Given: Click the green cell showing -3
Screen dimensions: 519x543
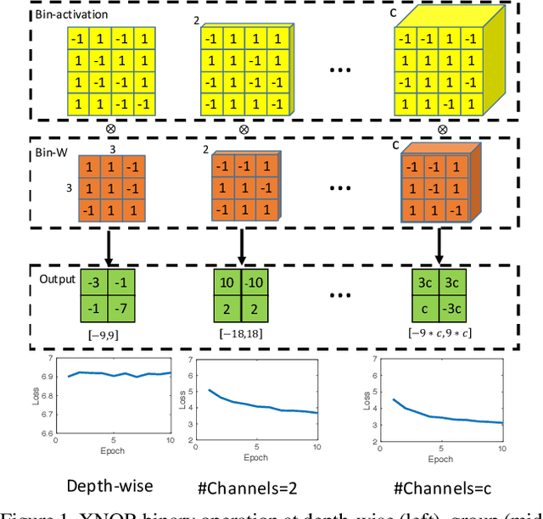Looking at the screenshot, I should point(95,280).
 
